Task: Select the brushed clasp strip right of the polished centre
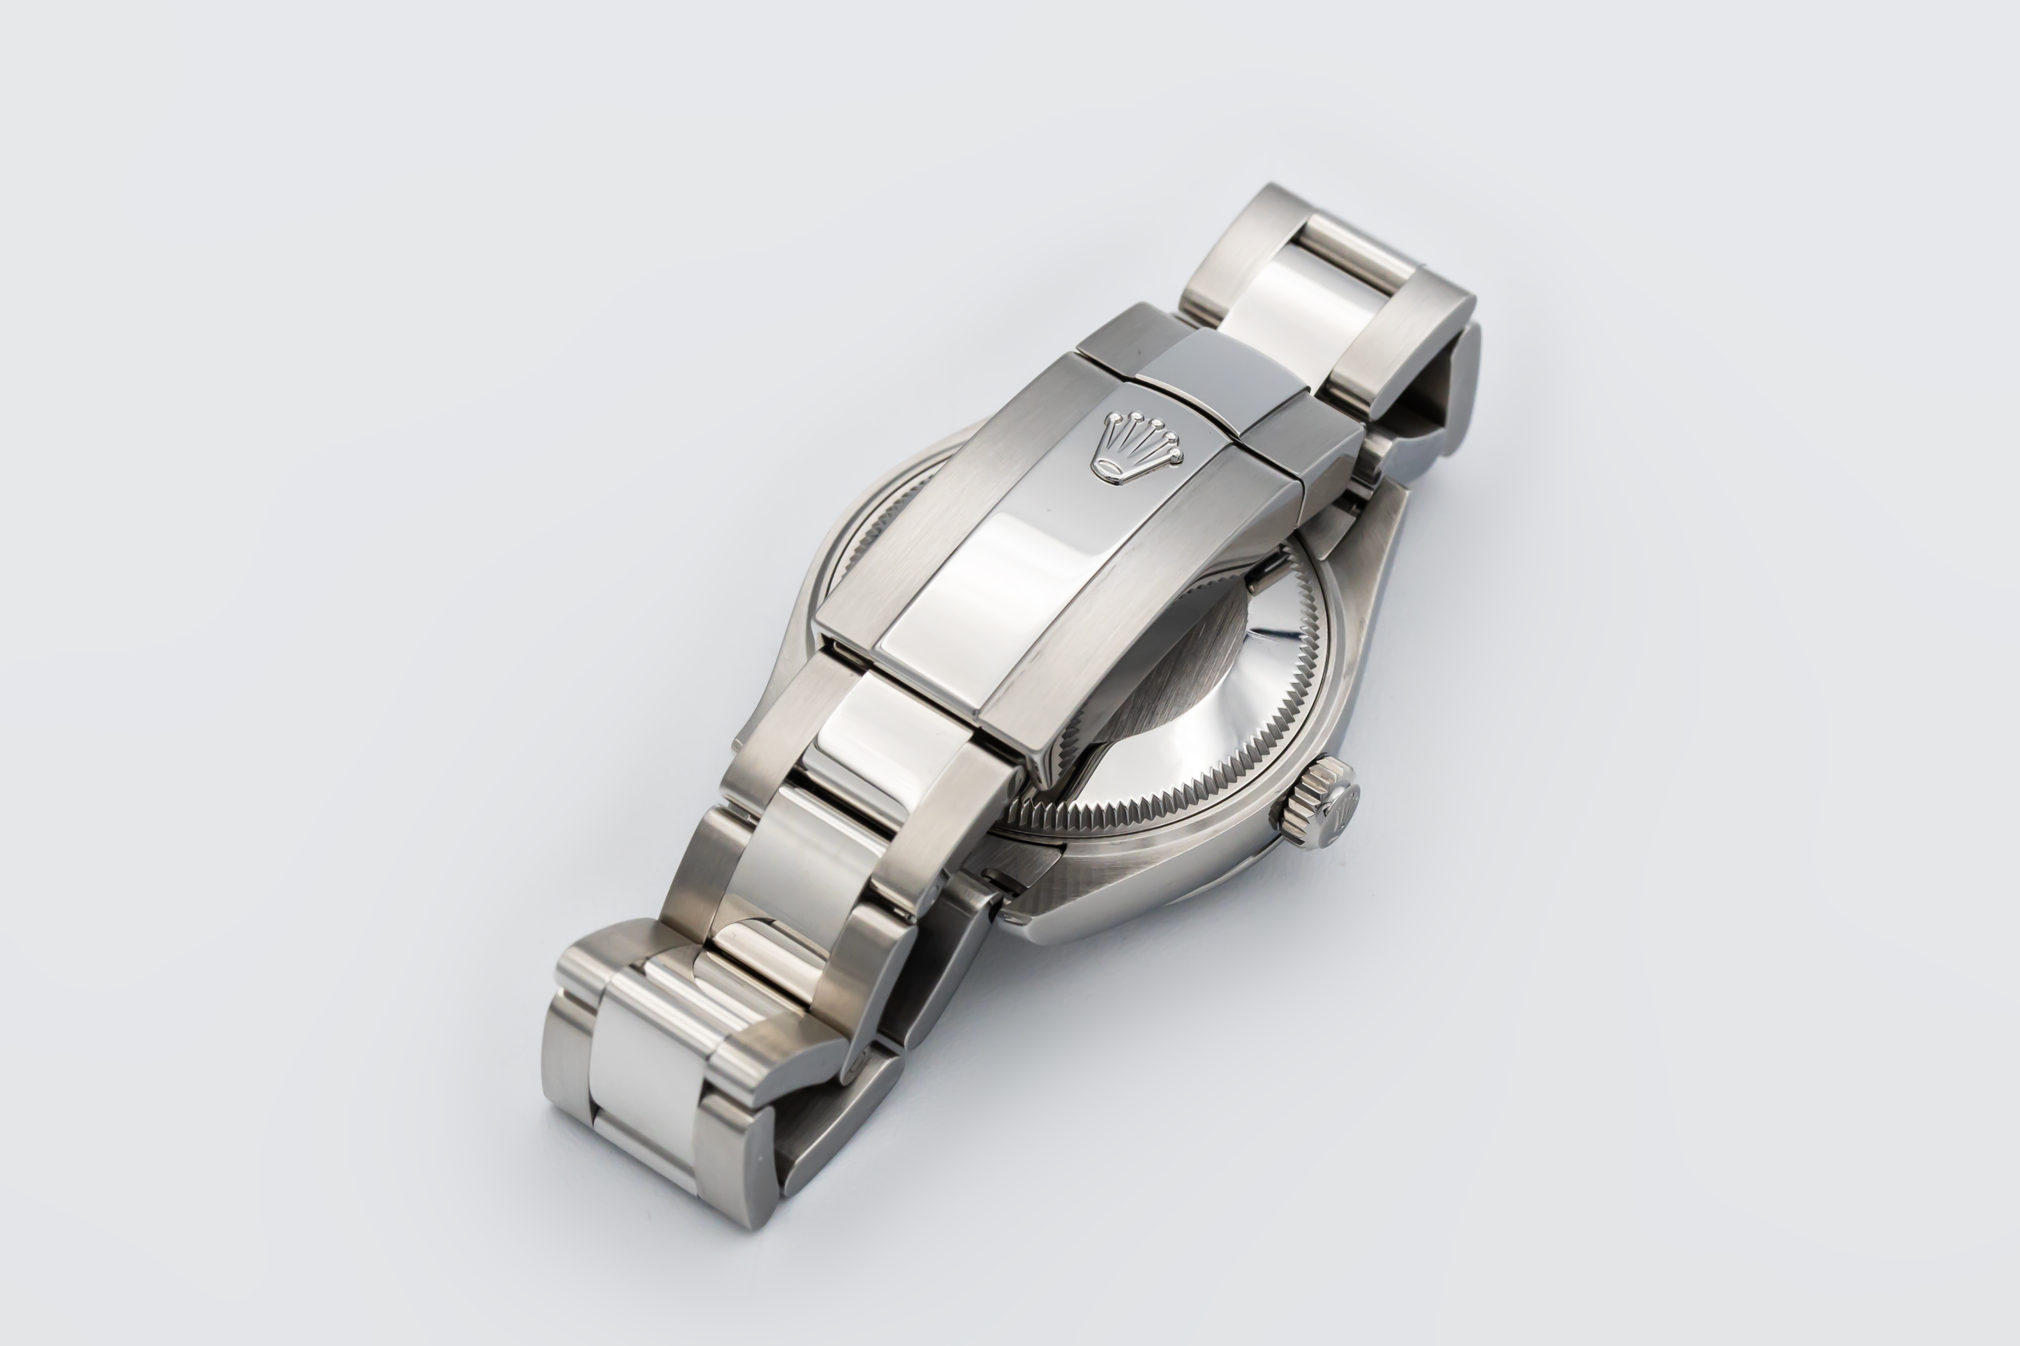tap(1142, 618)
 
